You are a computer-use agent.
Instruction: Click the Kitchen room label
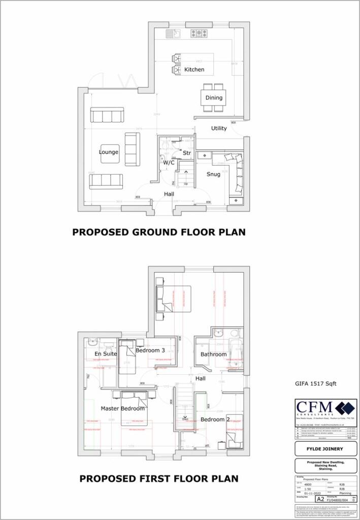(194, 69)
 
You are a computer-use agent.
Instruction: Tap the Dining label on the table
(214, 97)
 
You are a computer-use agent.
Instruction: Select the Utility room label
(219, 128)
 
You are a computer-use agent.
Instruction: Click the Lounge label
(109, 152)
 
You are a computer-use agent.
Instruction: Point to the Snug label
(213, 174)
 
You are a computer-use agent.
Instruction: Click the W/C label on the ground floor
(169, 162)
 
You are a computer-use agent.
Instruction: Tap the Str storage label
(186, 152)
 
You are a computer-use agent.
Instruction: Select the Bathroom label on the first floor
(213, 354)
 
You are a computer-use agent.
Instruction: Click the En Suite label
(106, 353)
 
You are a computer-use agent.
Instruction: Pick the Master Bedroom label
(122, 408)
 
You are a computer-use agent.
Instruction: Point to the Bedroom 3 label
(150, 350)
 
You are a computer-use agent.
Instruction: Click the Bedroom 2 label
(215, 419)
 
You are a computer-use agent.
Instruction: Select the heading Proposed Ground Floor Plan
(158, 232)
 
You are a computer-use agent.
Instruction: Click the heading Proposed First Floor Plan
(158, 478)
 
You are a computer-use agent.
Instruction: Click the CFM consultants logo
(325, 408)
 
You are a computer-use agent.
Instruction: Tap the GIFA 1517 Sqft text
(315, 384)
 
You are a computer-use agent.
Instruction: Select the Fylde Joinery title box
(325, 449)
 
